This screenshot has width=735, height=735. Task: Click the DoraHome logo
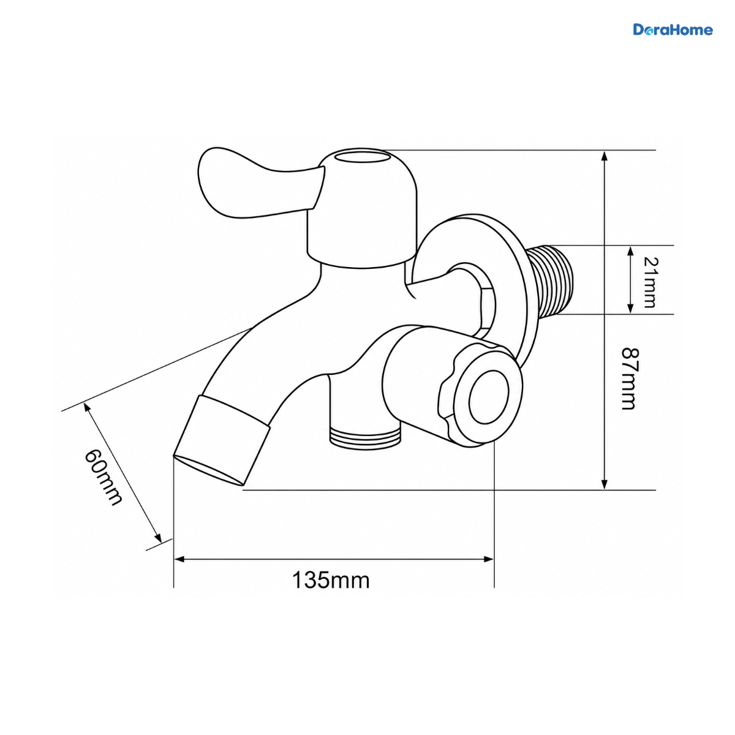pyautogui.click(x=673, y=30)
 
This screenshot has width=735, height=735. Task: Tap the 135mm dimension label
pyautogui.click(x=331, y=580)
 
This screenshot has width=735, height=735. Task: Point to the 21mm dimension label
pyautogui.click(x=650, y=282)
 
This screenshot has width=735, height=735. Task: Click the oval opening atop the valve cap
pyautogui.click(x=362, y=157)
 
